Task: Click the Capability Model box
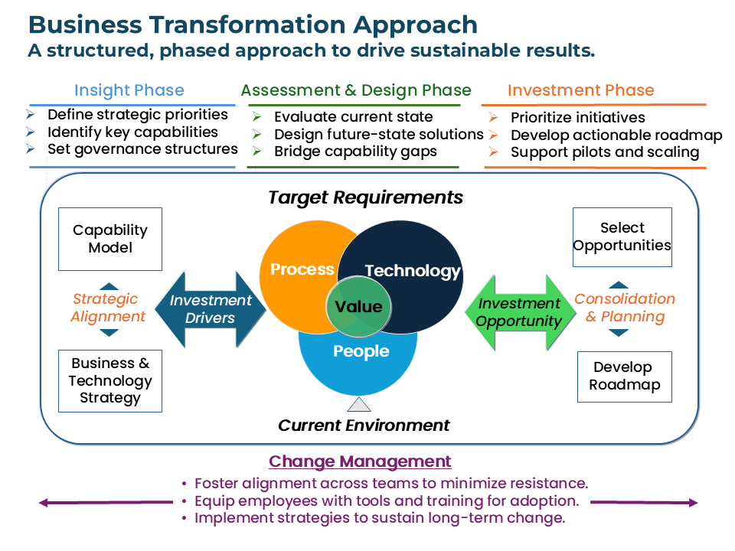click(110, 239)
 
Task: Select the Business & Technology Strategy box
click(110, 380)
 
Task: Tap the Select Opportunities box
click(622, 237)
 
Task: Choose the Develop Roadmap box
click(624, 377)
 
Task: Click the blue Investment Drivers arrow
click(211, 309)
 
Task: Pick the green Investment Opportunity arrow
click(520, 312)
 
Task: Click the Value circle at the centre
click(358, 307)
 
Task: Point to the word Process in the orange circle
click(302, 269)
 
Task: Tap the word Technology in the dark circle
click(413, 271)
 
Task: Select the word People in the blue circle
click(361, 351)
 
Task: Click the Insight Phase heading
click(129, 90)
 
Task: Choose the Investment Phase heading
click(580, 90)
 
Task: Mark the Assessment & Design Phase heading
click(356, 90)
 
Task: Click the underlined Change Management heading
click(360, 461)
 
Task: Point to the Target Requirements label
click(365, 197)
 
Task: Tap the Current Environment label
click(364, 425)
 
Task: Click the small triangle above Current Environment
click(358, 405)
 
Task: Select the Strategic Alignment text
click(109, 308)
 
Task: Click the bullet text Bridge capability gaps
click(355, 151)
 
